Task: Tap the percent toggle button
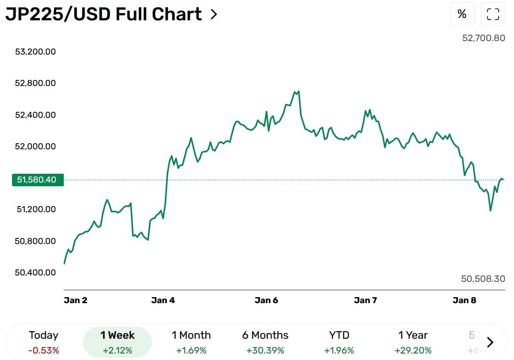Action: (462, 14)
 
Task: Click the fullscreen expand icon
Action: (493, 14)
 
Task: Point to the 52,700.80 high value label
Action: (484, 38)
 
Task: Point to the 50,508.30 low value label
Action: (483, 279)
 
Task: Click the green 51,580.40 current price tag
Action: (38, 180)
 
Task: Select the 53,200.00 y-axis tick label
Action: (36, 52)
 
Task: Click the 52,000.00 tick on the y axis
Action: (36, 146)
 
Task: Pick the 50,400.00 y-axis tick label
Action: (36, 273)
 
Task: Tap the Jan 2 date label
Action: (75, 300)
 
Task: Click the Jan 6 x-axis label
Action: (266, 300)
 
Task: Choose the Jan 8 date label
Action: (464, 300)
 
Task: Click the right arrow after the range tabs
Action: (490, 342)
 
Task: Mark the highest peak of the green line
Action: (299, 91)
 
